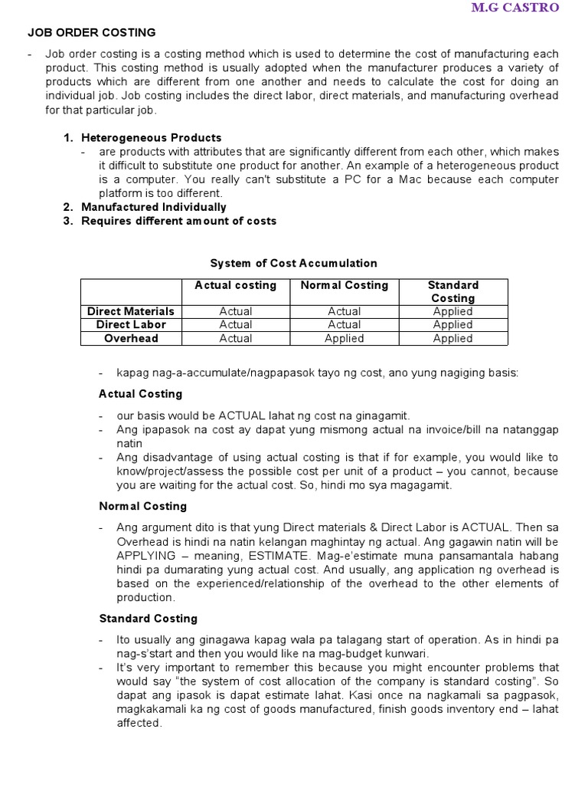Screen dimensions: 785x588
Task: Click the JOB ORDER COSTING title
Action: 91,32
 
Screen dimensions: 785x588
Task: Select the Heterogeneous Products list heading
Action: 152,138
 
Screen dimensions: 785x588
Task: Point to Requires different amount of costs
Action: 179,221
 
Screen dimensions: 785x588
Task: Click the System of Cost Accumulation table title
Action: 294,263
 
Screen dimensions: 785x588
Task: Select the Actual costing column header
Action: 235,285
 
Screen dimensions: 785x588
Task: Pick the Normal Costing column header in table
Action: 344,285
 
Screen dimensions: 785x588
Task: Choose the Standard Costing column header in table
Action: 452,291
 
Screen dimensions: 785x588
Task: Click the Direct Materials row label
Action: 131,311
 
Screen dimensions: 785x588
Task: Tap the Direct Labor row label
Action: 131,324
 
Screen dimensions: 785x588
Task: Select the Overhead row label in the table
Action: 131,338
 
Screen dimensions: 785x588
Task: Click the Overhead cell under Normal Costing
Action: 344,338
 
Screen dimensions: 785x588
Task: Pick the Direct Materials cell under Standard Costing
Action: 452,311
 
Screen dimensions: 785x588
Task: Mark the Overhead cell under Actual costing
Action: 235,338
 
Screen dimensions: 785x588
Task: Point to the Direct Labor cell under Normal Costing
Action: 344,324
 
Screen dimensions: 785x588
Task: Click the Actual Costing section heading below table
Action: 141,393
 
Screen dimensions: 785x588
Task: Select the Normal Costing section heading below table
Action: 143,506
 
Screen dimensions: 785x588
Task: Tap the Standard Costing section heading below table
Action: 149,618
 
